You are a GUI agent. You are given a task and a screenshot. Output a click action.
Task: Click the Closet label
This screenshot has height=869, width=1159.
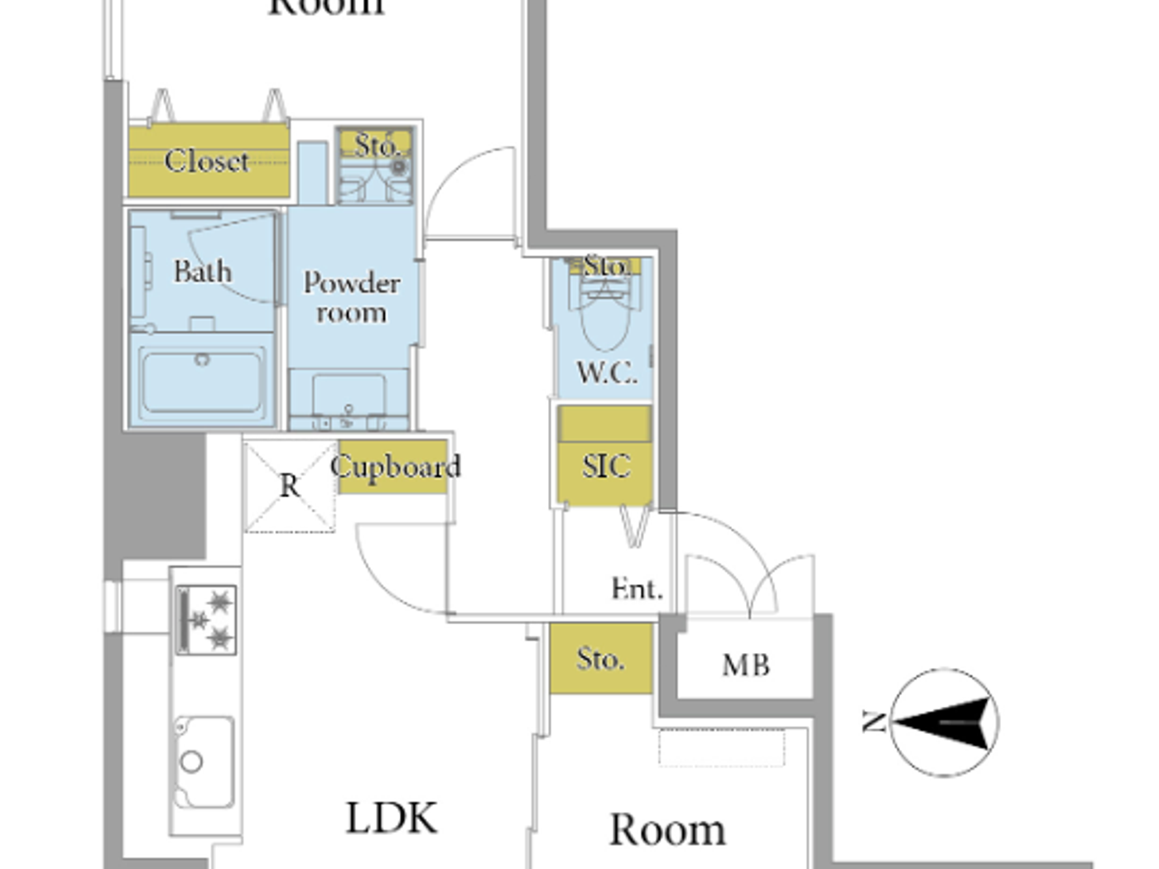tap(207, 161)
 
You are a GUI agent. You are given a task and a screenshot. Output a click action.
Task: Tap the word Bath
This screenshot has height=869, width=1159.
tap(202, 271)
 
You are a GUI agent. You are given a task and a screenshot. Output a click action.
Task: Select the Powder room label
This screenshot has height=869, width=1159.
tap(351, 297)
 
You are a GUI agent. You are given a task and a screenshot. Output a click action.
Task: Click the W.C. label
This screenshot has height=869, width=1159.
tap(607, 372)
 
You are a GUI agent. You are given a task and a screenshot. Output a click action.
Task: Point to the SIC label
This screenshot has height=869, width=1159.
tap(606, 467)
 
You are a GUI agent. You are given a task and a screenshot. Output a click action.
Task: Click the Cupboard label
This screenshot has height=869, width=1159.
tap(396, 468)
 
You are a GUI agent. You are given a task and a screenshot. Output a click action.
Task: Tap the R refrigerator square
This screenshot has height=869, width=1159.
tap(290, 486)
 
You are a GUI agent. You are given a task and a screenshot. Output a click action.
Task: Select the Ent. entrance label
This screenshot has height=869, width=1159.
tap(637, 589)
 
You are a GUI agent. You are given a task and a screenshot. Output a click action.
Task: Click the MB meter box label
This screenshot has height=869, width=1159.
tap(746, 665)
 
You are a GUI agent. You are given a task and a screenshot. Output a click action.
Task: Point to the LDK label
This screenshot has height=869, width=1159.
tap(391, 819)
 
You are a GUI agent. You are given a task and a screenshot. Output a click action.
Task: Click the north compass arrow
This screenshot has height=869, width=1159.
tap(945, 723)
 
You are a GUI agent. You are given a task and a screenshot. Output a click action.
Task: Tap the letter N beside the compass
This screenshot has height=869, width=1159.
tap(874, 722)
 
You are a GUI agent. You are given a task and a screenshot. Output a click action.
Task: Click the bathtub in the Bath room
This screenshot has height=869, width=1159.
tap(202, 381)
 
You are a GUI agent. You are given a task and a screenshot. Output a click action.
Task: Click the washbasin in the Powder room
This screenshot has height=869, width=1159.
tap(349, 397)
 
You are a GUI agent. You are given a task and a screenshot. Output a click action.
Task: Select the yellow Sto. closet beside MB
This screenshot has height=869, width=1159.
tap(601, 659)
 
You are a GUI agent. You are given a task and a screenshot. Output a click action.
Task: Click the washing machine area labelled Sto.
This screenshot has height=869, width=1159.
tap(375, 166)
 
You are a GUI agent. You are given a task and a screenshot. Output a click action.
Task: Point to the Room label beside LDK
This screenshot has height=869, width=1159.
tap(667, 829)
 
